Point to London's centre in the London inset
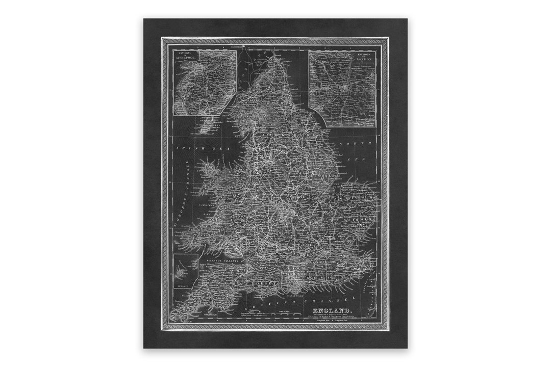pyautogui.click(x=344, y=87)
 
